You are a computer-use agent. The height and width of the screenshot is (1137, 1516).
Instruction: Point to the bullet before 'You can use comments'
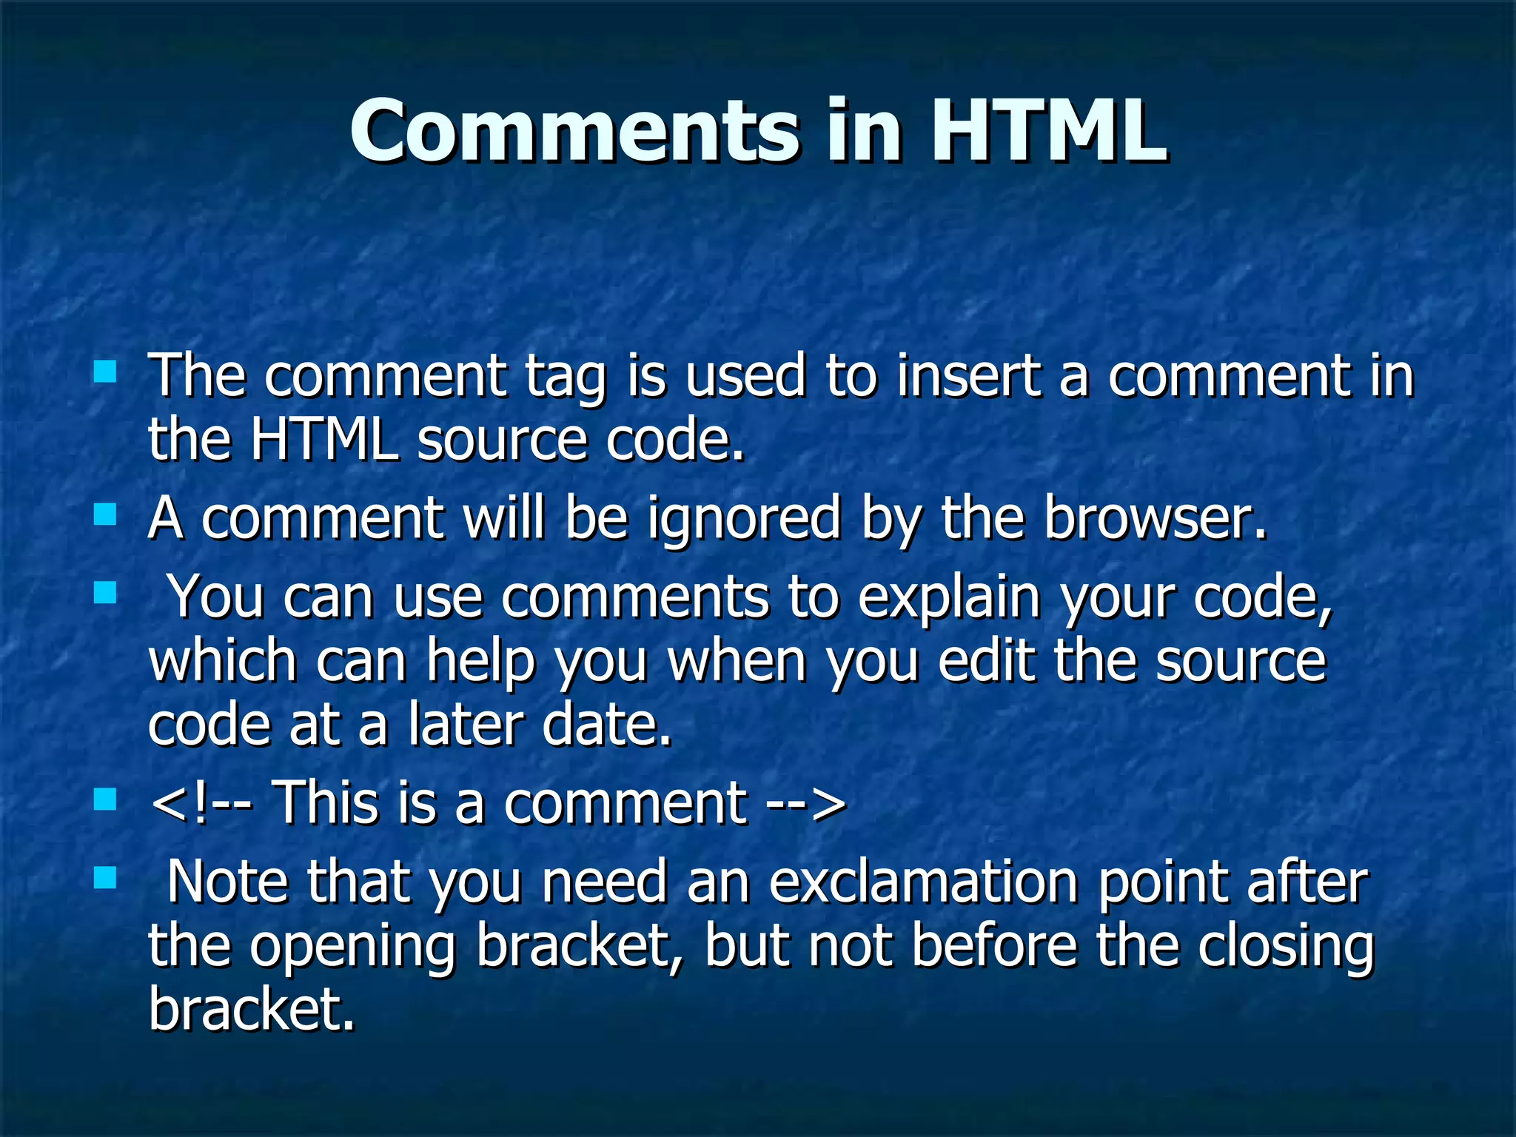pyautogui.click(x=106, y=593)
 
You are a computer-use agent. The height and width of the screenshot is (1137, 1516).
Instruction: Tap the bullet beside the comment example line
pyautogui.click(x=106, y=799)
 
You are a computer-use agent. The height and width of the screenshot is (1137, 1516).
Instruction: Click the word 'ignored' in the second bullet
pyautogui.click(x=743, y=520)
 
